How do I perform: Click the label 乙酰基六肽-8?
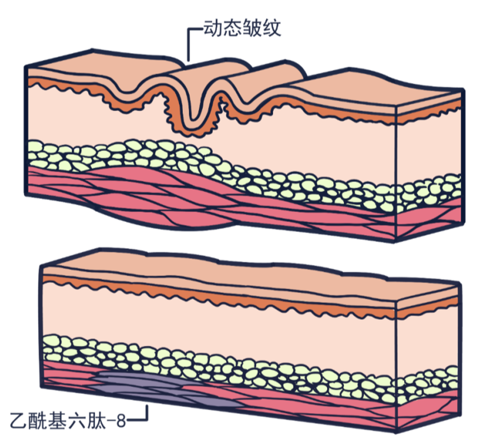click(x=67, y=418)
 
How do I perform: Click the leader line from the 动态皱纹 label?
click(x=189, y=43)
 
